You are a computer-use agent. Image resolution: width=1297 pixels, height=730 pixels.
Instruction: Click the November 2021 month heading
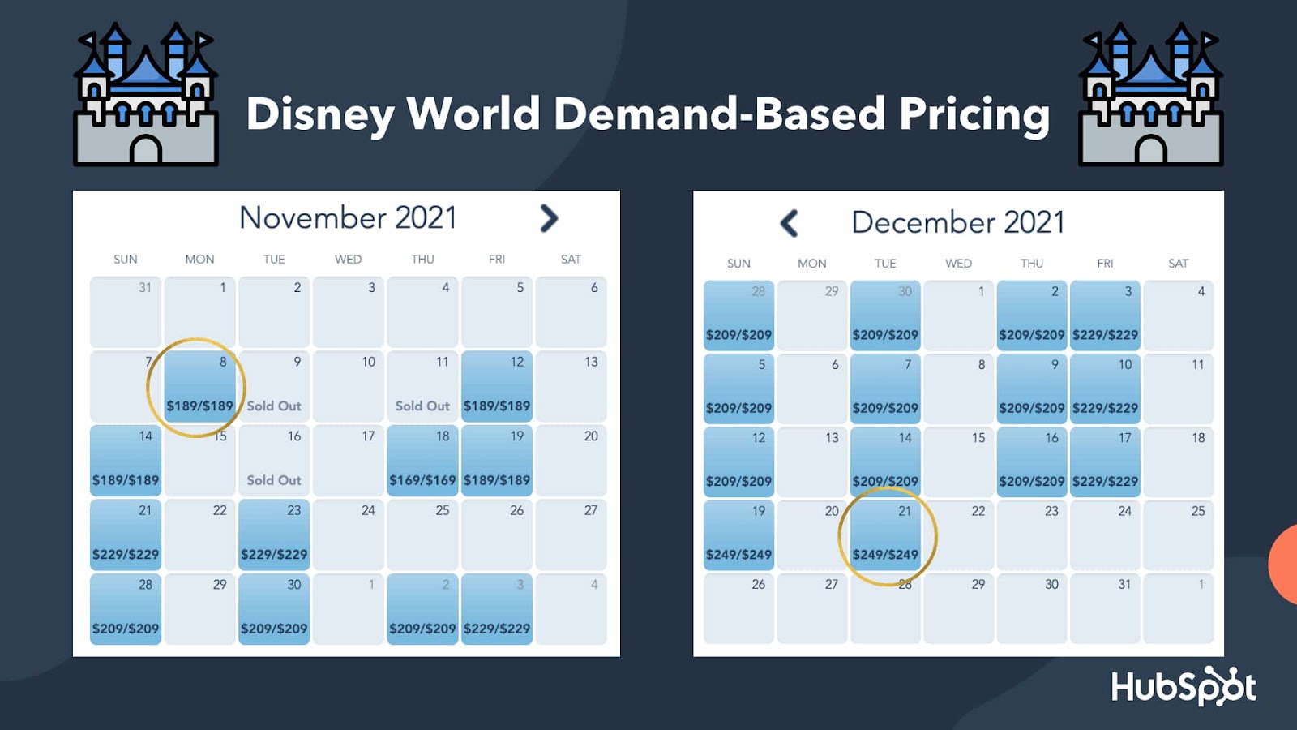[x=348, y=217]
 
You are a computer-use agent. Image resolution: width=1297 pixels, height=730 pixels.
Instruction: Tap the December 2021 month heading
[x=957, y=222]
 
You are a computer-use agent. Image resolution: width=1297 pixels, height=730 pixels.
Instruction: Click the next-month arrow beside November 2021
[x=549, y=218]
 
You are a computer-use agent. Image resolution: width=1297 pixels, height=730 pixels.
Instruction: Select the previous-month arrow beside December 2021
[x=789, y=223]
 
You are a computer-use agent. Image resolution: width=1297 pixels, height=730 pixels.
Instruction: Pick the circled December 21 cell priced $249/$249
[x=885, y=535]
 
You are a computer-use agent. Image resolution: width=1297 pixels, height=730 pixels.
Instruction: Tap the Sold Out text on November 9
[x=274, y=406]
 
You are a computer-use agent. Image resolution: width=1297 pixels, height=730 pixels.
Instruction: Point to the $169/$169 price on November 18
[x=422, y=480]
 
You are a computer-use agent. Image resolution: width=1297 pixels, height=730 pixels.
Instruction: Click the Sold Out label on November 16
[x=274, y=480]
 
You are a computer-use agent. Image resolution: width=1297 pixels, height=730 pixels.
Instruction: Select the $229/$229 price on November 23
[x=274, y=555]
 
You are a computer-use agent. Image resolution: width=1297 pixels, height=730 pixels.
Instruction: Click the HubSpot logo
[x=1184, y=686]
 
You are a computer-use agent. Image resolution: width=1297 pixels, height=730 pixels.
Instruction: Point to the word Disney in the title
[x=320, y=114]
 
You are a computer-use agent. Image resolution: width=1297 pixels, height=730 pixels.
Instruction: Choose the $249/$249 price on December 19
[x=738, y=555]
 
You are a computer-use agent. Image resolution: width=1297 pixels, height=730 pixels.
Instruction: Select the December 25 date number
[x=1197, y=511]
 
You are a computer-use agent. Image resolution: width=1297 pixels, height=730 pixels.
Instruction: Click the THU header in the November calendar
[x=422, y=260]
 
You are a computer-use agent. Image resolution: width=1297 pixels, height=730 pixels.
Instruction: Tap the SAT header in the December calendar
[x=1178, y=264]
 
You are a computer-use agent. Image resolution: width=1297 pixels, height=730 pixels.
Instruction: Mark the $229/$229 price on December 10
[x=1105, y=408]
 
